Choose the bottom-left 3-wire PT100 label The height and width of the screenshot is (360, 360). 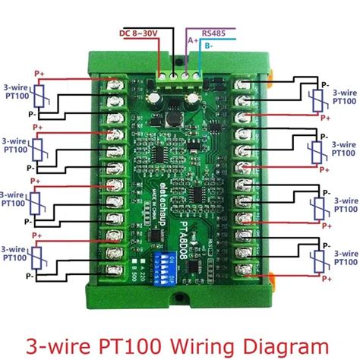tap(16, 254)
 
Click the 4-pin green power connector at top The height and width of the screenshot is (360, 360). tap(180, 74)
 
